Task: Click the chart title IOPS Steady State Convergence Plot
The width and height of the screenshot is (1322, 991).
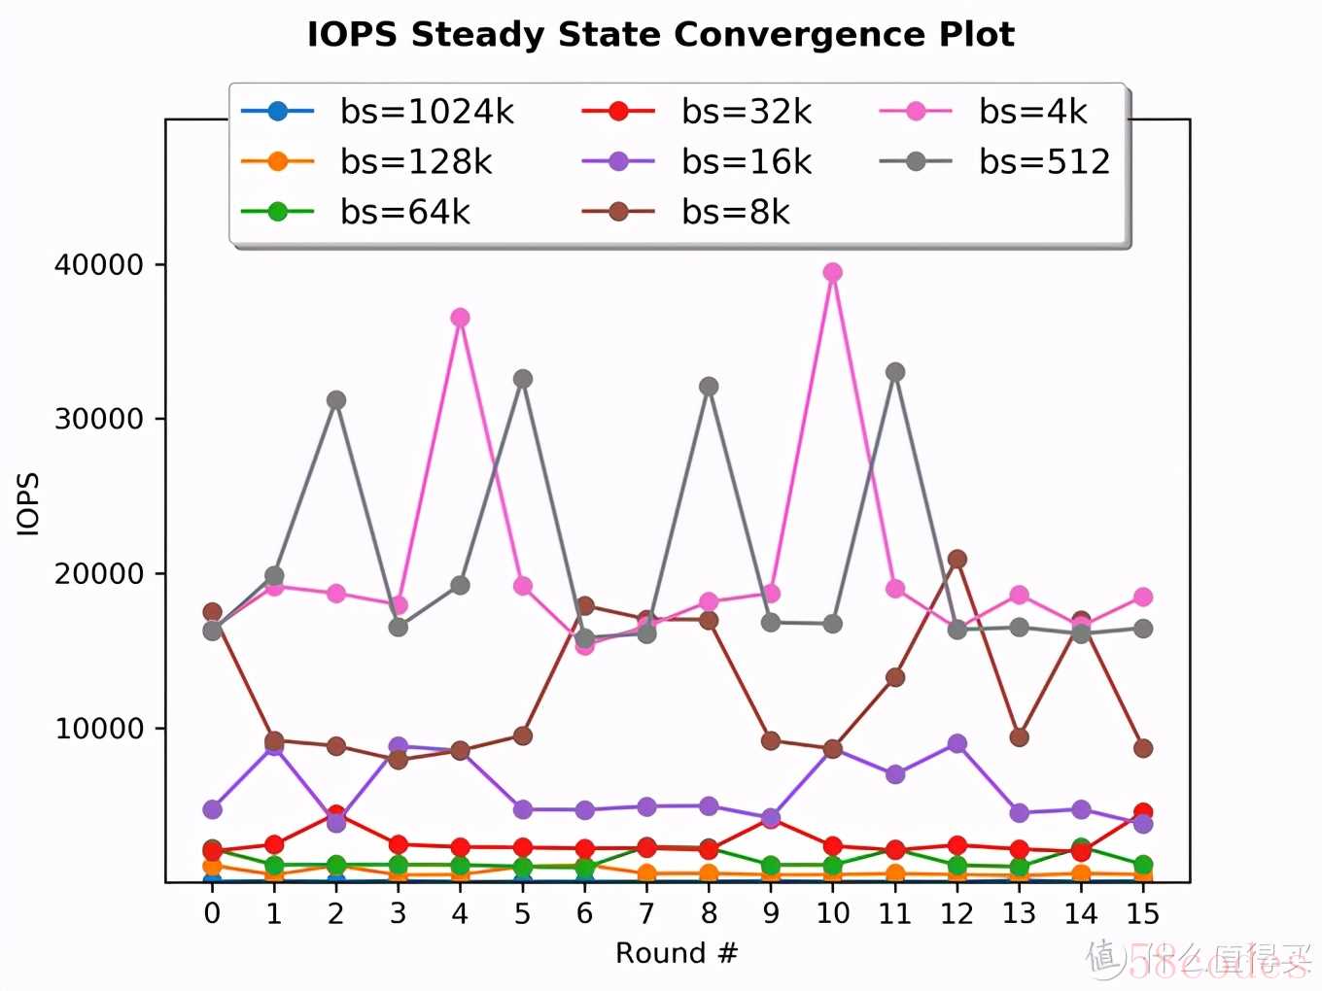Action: (x=661, y=35)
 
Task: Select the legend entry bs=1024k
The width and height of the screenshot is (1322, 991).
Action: (x=426, y=112)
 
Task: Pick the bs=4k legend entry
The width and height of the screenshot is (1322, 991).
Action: (x=1032, y=112)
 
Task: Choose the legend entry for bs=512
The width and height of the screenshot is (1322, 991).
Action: (x=1044, y=161)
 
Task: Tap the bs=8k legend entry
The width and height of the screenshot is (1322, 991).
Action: (x=735, y=212)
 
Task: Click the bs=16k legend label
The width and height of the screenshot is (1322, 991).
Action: (x=746, y=161)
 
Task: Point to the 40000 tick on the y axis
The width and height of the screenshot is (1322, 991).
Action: (x=99, y=264)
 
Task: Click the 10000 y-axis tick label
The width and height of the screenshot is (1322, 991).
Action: (x=99, y=729)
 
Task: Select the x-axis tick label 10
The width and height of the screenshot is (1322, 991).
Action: (x=833, y=913)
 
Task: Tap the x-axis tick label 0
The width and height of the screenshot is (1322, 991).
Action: (x=212, y=913)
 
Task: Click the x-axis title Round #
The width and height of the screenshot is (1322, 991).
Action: (x=677, y=953)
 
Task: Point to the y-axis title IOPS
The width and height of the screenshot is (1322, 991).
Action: (x=29, y=503)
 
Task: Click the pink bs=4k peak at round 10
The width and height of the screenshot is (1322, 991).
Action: (x=833, y=272)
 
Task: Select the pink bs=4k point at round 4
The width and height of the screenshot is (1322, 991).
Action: (x=461, y=318)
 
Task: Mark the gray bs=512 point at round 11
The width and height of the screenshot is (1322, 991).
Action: (x=895, y=372)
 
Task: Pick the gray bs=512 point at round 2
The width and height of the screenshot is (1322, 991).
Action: (x=336, y=400)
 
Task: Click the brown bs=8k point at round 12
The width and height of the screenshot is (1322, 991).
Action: (x=957, y=559)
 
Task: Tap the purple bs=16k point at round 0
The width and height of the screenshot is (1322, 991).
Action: (x=212, y=809)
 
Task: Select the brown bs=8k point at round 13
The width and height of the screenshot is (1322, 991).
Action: (x=1019, y=737)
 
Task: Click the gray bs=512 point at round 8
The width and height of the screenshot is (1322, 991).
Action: (x=709, y=387)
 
